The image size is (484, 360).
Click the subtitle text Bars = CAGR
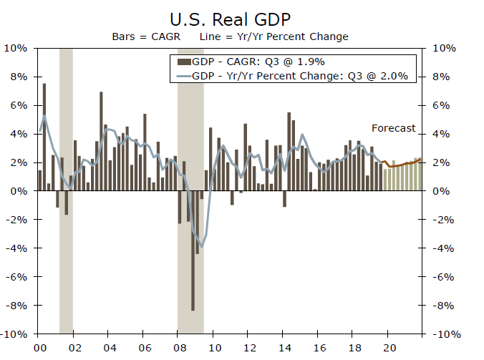[x=140, y=36]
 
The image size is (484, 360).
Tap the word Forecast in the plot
[x=393, y=128]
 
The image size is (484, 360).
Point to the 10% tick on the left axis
[x=17, y=49]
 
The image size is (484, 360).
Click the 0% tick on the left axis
[x=20, y=191]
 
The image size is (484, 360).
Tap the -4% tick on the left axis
[x=17, y=248]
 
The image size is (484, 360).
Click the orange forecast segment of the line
[x=401, y=165]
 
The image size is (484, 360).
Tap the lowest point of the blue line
[x=202, y=247]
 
